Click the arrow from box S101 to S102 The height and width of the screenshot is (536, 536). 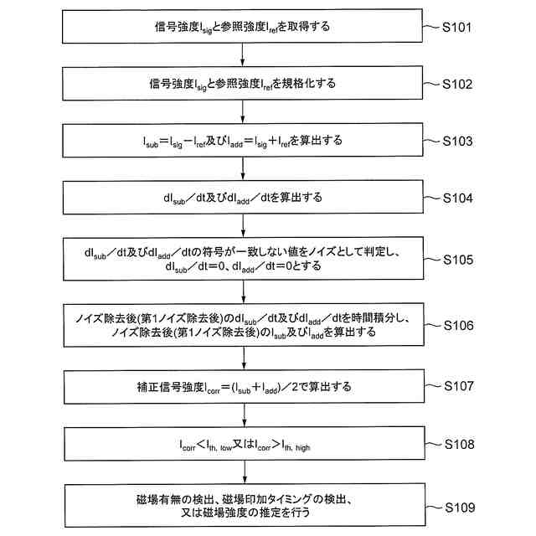(243, 55)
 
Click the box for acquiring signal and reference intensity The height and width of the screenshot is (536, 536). (243, 27)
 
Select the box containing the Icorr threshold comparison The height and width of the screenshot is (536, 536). (243, 443)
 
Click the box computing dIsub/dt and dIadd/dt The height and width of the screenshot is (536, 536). (243, 198)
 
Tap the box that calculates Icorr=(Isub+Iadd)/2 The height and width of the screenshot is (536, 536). (243, 386)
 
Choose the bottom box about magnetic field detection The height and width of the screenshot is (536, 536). (243, 507)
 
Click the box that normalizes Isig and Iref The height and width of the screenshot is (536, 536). (243, 84)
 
